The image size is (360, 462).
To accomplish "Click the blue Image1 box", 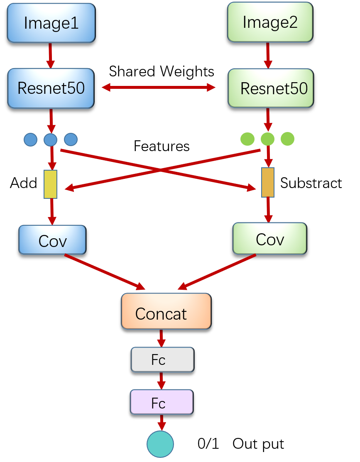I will click(x=51, y=23).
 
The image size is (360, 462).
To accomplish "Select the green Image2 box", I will click(x=270, y=22).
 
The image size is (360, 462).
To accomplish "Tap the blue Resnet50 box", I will click(x=51, y=88).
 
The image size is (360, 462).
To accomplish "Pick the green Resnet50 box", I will click(x=271, y=88).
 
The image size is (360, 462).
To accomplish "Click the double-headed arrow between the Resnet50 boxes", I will click(x=159, y=87).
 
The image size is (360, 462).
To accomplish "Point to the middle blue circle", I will click(x=50, y=139).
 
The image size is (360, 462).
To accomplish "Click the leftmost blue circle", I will click(x=30, y=139).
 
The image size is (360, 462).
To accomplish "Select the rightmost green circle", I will click(x=287, y=139).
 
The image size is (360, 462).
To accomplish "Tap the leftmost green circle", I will click(x=247, y=139).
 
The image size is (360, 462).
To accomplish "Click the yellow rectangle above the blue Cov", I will click(x=51, y=184).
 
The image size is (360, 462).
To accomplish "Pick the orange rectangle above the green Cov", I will click(x=268, y=182).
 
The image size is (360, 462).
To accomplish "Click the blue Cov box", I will click(x=52, y=240).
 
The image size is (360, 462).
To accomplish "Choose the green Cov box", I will click(x=269, y=239).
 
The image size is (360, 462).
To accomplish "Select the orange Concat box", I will click(x=166, y=312).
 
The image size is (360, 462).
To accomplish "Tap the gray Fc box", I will click(x=162, y=359).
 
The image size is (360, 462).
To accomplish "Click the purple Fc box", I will click(x=162, y=402).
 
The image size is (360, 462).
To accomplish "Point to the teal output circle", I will click(x=160, y=444).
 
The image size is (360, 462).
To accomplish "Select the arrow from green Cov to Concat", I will click(x=217, y=272).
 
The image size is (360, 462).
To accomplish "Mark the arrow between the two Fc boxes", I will click(x=162, y=381).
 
